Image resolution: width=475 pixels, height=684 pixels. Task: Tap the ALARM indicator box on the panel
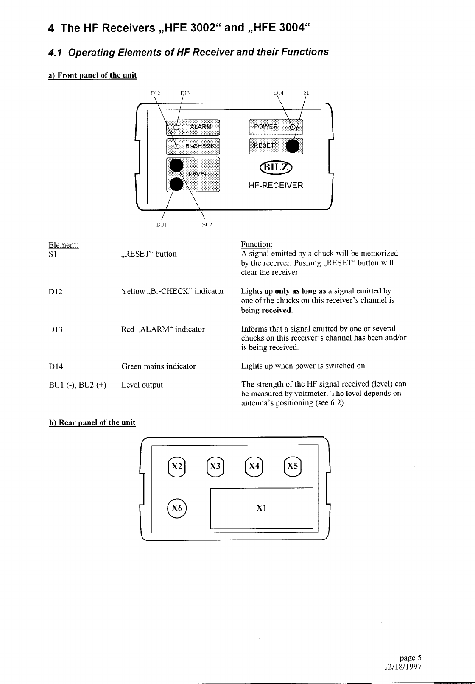coord(193,126)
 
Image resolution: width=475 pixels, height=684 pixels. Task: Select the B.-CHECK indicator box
coord(193,146)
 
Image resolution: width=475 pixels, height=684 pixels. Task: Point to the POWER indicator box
coord(276,126)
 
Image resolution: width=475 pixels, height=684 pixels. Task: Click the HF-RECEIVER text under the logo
coord(276,185)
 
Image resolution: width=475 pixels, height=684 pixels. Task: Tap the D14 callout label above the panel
coord(279,93)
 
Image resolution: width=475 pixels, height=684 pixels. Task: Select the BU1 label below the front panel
coord(161,224)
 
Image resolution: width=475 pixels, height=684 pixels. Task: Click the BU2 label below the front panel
coord(207,224)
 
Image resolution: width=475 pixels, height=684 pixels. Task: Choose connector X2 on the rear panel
coord(176,466)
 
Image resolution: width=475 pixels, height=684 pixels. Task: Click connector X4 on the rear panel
coord(254,466)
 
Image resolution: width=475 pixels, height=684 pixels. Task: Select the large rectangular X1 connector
coord(262,508)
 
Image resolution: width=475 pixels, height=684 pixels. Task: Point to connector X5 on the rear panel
coord(292,466)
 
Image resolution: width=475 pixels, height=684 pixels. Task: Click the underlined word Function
coord(257,244)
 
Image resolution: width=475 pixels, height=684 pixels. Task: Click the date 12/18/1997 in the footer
coord(402,666)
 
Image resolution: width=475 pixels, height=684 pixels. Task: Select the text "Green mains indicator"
coord(159,366)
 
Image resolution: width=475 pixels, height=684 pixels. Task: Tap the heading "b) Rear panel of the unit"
coord(92,422)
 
